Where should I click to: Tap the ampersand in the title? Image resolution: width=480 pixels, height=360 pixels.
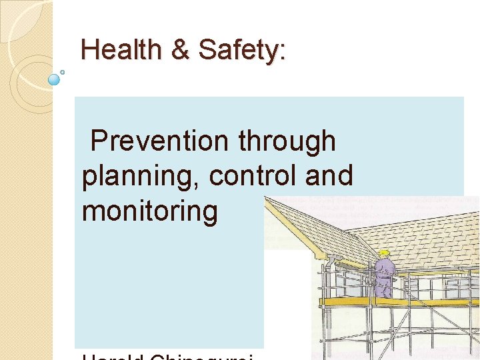click(x=179, y=50)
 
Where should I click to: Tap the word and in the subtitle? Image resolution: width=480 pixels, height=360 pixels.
click(x=329, y=176)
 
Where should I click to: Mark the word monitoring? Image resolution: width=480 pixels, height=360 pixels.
click(x=150, y=211)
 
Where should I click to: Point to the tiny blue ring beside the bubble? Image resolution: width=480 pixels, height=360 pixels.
click(x=63, y=71)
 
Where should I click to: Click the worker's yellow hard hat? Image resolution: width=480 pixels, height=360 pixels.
click(x=384, y=253)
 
